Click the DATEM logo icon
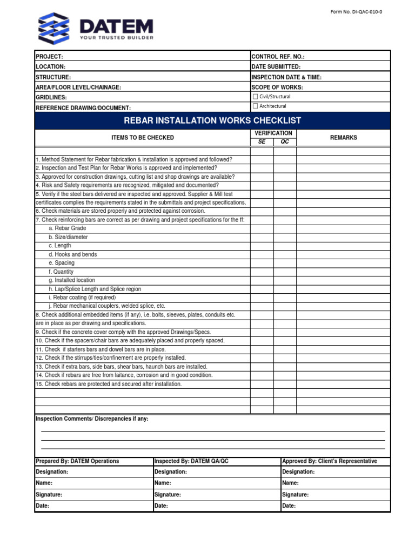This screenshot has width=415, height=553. [x=53, y=28]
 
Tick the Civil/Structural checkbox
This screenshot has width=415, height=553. [x=256, y=97]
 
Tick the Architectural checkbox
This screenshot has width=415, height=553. [x=256, y=106]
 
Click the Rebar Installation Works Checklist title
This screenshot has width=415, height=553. [x=212, y=120]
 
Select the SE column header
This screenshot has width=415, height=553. [x=262, y=141]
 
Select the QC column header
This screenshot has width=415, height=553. [x=284, y=141]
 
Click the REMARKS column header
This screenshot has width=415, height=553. [x=343, y=138]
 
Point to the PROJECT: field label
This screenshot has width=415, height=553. [x=49, y=57]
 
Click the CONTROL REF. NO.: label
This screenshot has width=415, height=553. [x=278, y=57]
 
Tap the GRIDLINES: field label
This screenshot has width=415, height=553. [x=51, y=98]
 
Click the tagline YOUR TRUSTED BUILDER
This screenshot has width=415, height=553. [x=116, y=38]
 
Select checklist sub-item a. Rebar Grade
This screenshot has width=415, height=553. [x=67, y=228]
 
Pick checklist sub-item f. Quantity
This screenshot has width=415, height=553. [x=61, y=272]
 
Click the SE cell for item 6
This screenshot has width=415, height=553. [x=262, y=211]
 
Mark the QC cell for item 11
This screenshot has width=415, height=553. [x=284, y=349]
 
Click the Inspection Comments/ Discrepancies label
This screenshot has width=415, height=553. [x=91, y=419]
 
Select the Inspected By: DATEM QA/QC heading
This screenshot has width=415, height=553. [x=191, y=461]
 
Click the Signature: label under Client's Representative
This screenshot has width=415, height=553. [x=295, y=495]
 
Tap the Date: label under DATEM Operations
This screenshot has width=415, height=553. [x=42, y=506]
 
